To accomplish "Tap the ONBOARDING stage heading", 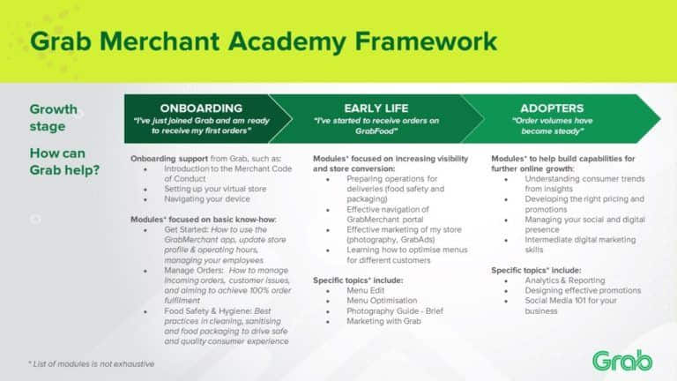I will point(196,108).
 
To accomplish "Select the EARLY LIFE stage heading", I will point(376,108).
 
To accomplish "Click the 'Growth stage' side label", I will point(54,117).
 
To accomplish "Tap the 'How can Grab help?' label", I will point(63,161).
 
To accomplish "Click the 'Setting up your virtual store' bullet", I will point(213,188).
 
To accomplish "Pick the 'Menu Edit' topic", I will point(367,290).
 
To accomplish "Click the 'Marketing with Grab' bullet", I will point(384,321).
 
